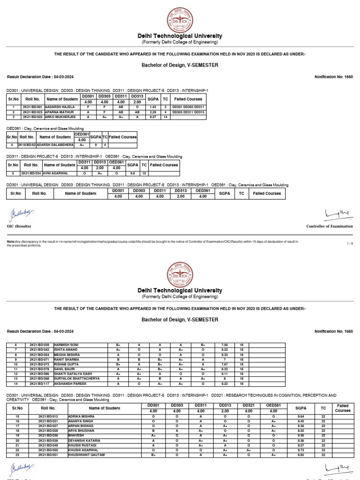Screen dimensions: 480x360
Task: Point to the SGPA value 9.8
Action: tap(133, 173)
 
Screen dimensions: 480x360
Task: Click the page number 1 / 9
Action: tap(350, 243)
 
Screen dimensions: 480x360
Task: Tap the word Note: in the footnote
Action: tap(11, 241)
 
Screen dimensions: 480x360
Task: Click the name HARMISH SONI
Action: tap(67, 345)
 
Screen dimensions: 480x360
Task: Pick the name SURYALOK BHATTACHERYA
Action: tap(77, 379)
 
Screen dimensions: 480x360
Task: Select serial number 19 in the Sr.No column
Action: tap(18, 435)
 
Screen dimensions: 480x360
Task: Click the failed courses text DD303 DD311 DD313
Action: tap(187, 112)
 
